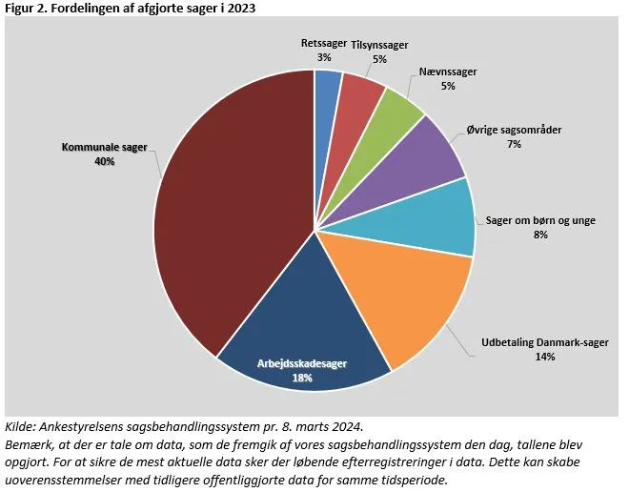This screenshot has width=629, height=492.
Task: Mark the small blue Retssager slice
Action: pos(328,86)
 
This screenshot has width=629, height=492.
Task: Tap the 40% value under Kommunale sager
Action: pos(104,162)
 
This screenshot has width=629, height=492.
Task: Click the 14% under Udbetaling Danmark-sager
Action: pos(545,357)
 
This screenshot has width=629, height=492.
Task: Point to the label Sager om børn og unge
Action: pos(540,220)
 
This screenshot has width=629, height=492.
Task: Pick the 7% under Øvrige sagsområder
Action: pos(515,144)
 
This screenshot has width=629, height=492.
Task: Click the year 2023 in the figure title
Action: pos(242,9)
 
